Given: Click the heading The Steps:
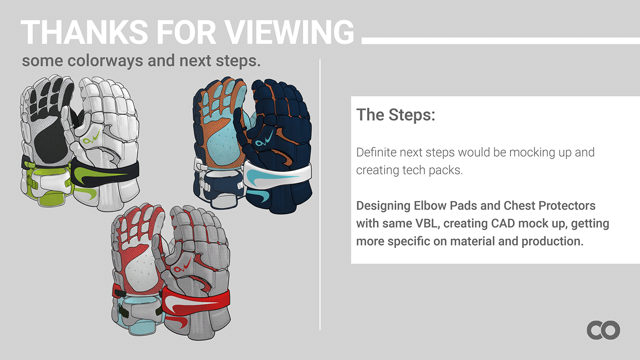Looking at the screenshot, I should click(x=395, y=115).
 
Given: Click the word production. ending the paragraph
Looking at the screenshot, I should click(x=553, y=241).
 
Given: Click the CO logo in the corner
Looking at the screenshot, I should click(x=603, y=330).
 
